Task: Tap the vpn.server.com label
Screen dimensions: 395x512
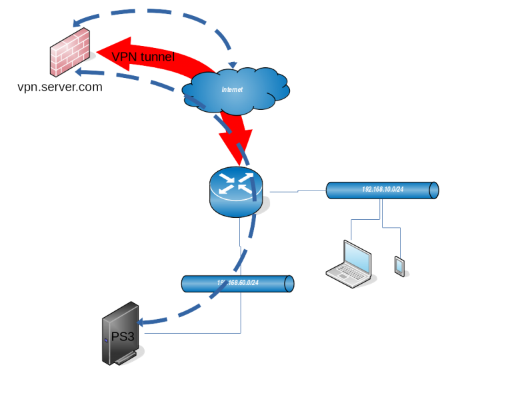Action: [x=60, y=87]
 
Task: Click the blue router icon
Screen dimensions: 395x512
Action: [x=236, y=192]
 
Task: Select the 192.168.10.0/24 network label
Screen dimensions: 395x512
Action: [x=383, y=190]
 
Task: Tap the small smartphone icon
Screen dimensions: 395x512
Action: [x=399, y=266]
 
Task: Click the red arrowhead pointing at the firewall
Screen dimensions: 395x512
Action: [x=107, y=52]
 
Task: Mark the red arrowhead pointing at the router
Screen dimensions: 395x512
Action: [x=236, y=151]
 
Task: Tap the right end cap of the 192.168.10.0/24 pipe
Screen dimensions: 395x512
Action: [x=434, y=190]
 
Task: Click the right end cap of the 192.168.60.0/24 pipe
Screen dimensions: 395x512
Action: [x=289, y=283]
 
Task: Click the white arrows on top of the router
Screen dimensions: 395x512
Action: [x=236, y=183]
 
